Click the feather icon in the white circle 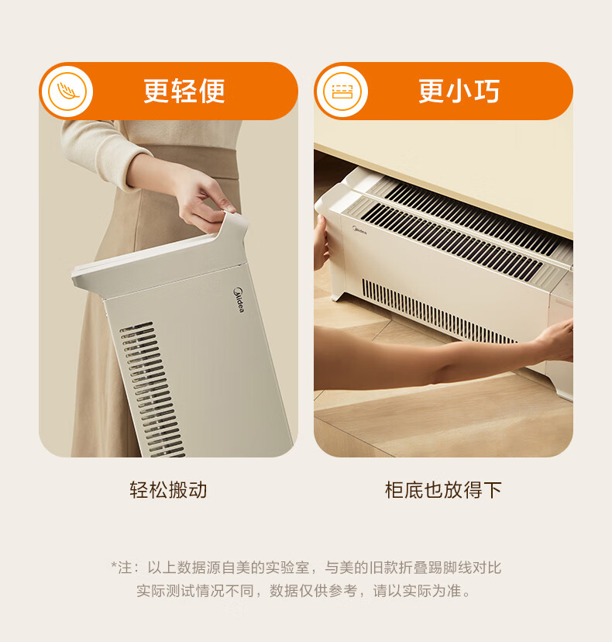pyautogui.click(x=68, y=91)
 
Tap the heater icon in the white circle pyautogui.click(x=342, y=91)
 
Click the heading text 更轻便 pyautogui.click(x=184, y=91)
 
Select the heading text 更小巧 pyautogui.click(x=459, y=91)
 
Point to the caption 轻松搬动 pyautogui.click(x=168, y=490)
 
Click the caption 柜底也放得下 pyautogui.click(x=443, y=490)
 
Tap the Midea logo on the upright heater pyautogui.click(x=239, y=300)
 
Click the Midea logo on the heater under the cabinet pyautogui.click(x=359, y=230)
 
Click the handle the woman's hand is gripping pyautogui.click(x=232, y=228)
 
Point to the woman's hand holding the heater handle pyautogui.click(x=205, y=201)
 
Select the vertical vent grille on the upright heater pyautogui.click(x=151, y=389)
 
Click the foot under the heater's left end pyautogui.click(x=338, y=295)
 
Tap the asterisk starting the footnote pyautogui.click(x=114, y=565)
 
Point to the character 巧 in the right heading pyautogui.click(x=487, y=91)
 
